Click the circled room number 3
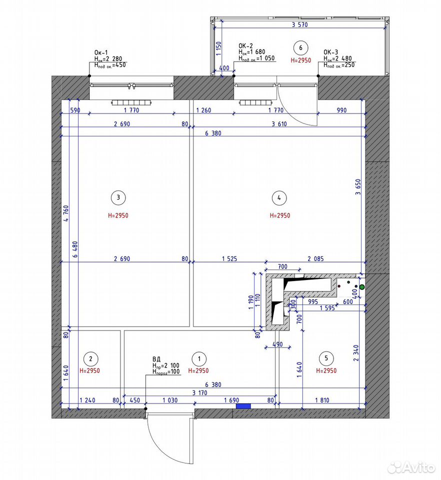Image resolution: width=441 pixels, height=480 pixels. tap(118, 198)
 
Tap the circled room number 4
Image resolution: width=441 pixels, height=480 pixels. tap(279, 198)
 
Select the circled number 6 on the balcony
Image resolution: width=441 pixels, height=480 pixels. tap(300, 48)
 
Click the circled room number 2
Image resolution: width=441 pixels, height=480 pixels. tap(90, 359)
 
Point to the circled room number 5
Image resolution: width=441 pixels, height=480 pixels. tap(326, 358)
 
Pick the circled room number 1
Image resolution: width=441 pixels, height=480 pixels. tap(199, 359)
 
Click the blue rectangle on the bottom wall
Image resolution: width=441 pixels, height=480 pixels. tap(243, 406)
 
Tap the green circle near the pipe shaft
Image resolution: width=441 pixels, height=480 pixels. tap(362, 287)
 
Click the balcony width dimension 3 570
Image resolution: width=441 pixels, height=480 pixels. tap(299, 25)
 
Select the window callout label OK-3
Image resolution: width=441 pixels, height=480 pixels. tap(331, 52)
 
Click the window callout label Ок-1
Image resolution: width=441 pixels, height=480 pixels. tap(101, 52)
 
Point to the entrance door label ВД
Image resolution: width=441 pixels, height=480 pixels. tap(156, 359)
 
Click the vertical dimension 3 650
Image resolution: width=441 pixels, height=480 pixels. tap(358, 187)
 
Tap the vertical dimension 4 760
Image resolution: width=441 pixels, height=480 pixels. tap(66, 213)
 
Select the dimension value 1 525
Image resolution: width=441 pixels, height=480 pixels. tap(229, 258)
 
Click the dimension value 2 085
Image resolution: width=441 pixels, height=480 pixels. tap(315, 258)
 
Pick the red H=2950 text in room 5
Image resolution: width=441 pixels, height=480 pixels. tap(326, 370)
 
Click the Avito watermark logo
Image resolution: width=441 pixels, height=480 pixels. tap(411, 467)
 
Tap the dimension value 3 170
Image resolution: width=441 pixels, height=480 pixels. tap(199, 393)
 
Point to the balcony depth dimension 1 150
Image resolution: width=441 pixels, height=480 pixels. tap(218, 48)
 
